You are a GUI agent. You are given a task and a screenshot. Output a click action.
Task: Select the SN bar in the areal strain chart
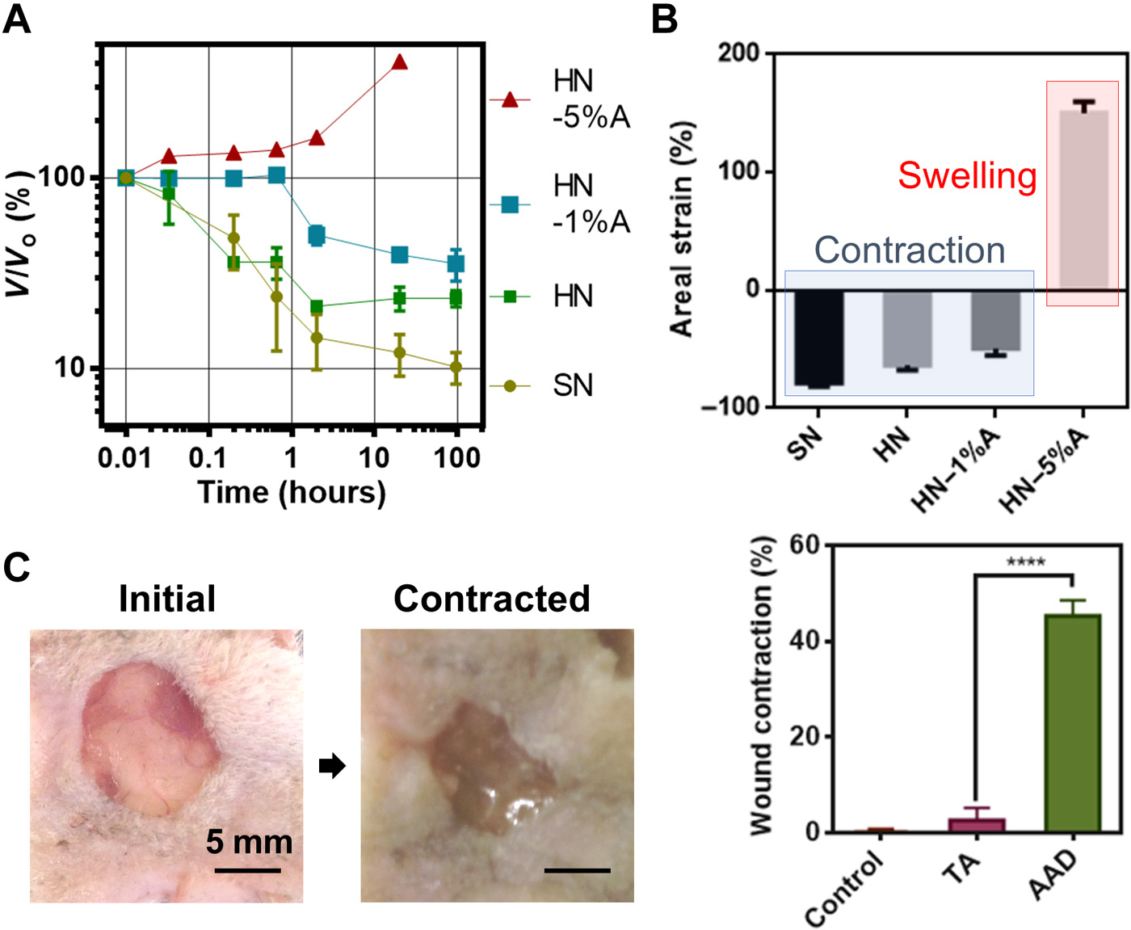point(818,338)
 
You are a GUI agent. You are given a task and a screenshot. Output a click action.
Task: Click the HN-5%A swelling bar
point(1083,199)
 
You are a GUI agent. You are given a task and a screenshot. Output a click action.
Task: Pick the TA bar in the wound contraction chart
point(976,824)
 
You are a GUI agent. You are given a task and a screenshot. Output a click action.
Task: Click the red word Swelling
point(967,175)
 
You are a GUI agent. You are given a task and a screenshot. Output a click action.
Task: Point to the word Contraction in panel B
point(909,250)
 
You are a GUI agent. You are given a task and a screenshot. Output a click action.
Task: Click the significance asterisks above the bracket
point(1025,562)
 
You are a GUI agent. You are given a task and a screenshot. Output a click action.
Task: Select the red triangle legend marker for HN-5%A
point(510,99)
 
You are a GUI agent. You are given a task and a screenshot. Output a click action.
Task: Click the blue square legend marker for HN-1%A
point(510,204)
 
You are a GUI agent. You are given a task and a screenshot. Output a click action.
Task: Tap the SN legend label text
point(573,385)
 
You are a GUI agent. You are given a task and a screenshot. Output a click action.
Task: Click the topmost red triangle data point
point(399,62)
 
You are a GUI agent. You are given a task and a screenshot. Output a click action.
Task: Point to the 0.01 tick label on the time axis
point(124,458)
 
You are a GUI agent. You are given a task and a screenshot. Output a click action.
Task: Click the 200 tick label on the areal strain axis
point(738,53)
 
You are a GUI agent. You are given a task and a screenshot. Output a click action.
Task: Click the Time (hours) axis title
point(292,492)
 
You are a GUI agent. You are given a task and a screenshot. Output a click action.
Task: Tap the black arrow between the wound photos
point(331,765)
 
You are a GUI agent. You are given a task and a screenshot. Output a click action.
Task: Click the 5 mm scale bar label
point(249,842)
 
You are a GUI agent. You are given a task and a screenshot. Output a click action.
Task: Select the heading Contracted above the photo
point(491,599)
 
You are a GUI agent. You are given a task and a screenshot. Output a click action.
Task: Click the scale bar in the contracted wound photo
point(577,870)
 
